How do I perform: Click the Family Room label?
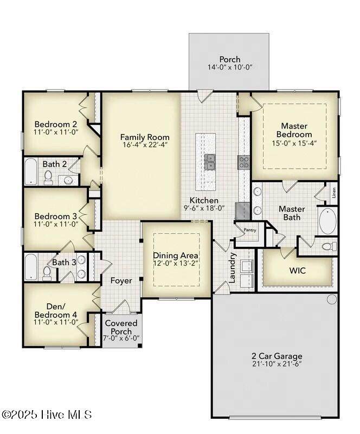(x=145, y=137)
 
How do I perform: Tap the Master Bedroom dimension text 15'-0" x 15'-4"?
(x=294, y=143)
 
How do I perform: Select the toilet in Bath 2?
(x=48, y=177)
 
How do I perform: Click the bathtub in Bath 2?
(x=31, y=171)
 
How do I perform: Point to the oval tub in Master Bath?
(x=328, y=221)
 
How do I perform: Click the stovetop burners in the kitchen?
(x=244, y=162)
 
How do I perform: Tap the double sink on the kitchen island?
(x=209, y=162)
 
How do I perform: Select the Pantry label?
(x=250, y=230)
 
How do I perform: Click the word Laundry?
(x=233, y=267)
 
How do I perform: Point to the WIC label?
(x=298, y=270)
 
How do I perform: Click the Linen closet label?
(x=334, y=193)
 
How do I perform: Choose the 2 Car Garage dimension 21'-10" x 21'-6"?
(x=277, y=363)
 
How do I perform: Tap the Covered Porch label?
(x=121, y=327)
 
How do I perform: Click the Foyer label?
(x=121, y=280)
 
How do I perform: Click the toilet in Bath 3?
(x=47, y=273)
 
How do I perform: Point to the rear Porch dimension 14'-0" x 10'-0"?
(x=230, y=67)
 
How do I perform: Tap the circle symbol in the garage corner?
(x=332, y=299)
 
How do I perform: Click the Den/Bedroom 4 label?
(x=56, y=310)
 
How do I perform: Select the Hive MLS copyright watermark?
(x=47, y=414)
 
